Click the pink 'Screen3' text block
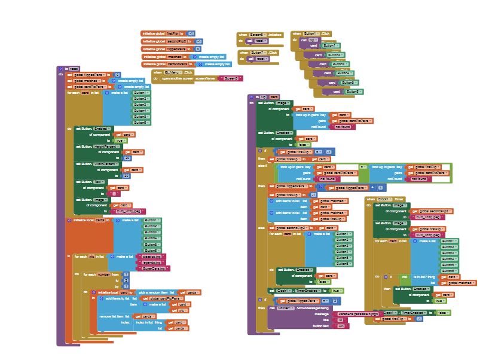231,78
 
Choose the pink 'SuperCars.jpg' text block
154,269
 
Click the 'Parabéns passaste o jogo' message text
357,313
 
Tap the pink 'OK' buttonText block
341,326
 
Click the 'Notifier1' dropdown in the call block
286,307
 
